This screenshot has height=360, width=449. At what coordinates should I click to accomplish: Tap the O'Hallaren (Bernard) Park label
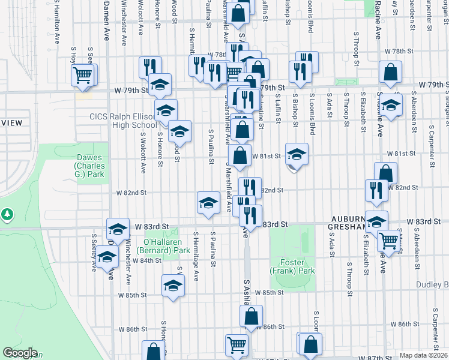coord(158,245)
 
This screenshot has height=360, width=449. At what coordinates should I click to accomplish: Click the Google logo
coord(20,353)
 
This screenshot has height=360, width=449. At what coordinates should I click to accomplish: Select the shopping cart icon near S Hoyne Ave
coord(83,76)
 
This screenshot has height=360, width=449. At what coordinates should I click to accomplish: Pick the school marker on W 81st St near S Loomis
coord(296,154)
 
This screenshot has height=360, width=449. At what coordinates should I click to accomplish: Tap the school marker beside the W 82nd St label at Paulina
coord(208,202)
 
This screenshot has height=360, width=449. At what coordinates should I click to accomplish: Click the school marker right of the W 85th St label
coord(173,286)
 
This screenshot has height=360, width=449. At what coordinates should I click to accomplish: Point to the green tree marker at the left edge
coord(7,214)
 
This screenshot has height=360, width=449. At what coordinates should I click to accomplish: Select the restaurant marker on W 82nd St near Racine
coord(376,190)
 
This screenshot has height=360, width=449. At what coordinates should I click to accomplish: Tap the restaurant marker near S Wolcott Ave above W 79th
coord(149,67)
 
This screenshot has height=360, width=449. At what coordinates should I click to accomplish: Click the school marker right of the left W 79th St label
coord(160,85)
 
